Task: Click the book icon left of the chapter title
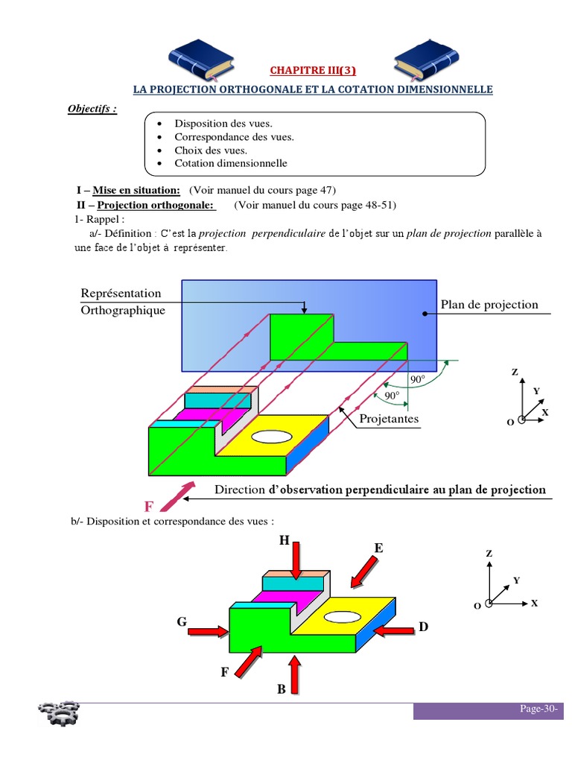(202, 60)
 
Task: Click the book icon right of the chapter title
(424, 60)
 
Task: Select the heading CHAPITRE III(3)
(313, 71)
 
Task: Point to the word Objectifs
(92, 109)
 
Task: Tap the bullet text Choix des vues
(211, 150)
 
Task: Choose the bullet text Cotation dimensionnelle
(230, 163)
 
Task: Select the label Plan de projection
(489, 304)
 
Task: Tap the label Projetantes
(389, 419)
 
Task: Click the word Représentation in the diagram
(121, 293)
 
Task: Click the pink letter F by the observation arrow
(149, 507)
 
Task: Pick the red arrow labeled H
(296, 560)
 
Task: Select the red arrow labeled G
(208, 631)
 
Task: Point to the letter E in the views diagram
(378, 548)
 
